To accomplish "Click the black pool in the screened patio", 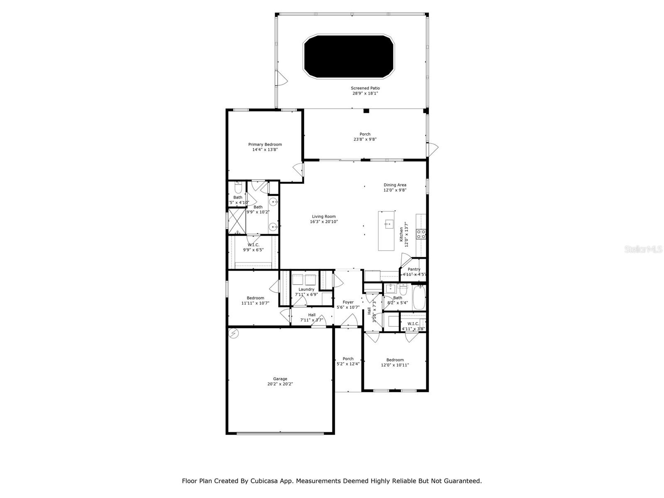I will click(x=349, y=56).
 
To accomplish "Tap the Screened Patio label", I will click(x=365, y=88).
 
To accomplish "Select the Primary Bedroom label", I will click(x=265, y=144).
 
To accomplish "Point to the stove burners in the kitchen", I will click(x=421, y=234).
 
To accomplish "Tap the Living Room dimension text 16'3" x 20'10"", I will click(x=324, y=222).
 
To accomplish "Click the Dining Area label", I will click(x=395, y=185).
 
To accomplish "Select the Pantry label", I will click(x=414, y=269).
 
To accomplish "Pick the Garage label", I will click(x=280, y=379).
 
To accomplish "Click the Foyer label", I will click(x=348, y=302).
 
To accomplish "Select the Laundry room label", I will click(x=306, y=289).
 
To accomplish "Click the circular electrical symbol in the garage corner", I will click(x=234, y=333).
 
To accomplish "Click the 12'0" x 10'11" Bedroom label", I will click(x=395, y=360).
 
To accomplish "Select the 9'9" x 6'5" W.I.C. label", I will click(x=253, y=245).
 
